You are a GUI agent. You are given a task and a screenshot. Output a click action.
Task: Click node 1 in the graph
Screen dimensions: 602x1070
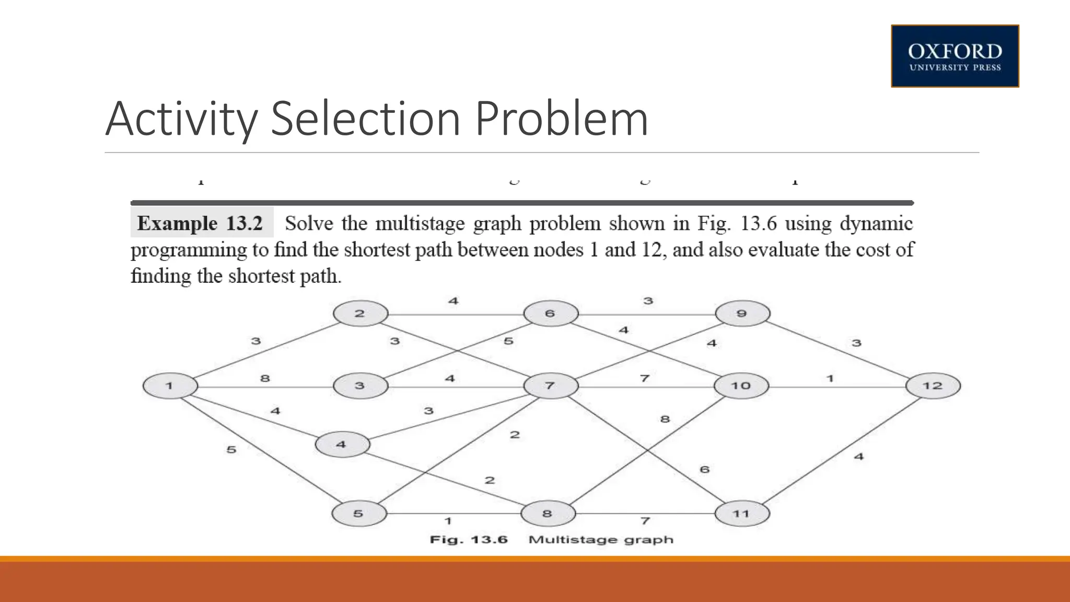click(170, 386)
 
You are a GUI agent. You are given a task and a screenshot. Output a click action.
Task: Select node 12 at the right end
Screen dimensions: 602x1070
click(933, 386)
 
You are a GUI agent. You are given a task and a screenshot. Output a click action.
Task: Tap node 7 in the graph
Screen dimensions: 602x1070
click(551, 386)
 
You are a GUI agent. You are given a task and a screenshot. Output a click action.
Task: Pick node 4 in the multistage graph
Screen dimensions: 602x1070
click(342, 445)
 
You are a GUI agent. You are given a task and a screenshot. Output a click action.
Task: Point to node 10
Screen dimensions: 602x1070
click(741, 386)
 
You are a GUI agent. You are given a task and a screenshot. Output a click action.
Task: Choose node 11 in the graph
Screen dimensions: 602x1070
click(742, 514)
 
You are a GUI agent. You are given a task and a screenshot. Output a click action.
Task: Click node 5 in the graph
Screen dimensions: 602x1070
click(359, 514)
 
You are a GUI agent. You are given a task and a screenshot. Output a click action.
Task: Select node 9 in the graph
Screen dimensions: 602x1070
click(742, 314)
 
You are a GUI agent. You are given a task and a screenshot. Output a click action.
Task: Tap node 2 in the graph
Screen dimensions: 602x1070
click(360, 314)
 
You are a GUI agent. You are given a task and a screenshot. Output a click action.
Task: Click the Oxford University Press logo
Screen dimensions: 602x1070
click(955, 56)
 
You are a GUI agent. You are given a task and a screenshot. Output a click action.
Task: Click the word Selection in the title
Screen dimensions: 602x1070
click(366, 119)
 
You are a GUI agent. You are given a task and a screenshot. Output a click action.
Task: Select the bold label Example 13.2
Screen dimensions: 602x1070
click(200, 223)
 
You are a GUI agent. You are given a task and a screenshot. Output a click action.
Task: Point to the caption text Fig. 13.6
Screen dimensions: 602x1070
click(469, 539)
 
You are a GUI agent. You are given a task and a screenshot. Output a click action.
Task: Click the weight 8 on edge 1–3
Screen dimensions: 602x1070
click(265, 378)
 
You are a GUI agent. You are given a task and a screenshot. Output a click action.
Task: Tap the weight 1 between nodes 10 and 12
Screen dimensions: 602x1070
click(830, 378)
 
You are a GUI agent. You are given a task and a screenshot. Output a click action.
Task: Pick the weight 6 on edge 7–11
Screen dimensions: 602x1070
click(705, 469)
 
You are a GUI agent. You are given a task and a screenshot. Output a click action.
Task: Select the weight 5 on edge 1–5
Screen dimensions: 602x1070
click(231, 449)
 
